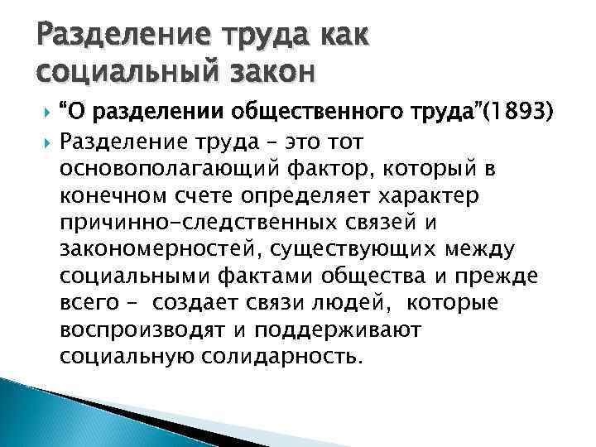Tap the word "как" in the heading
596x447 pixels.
pyautogui.click(x=328, y=34)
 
